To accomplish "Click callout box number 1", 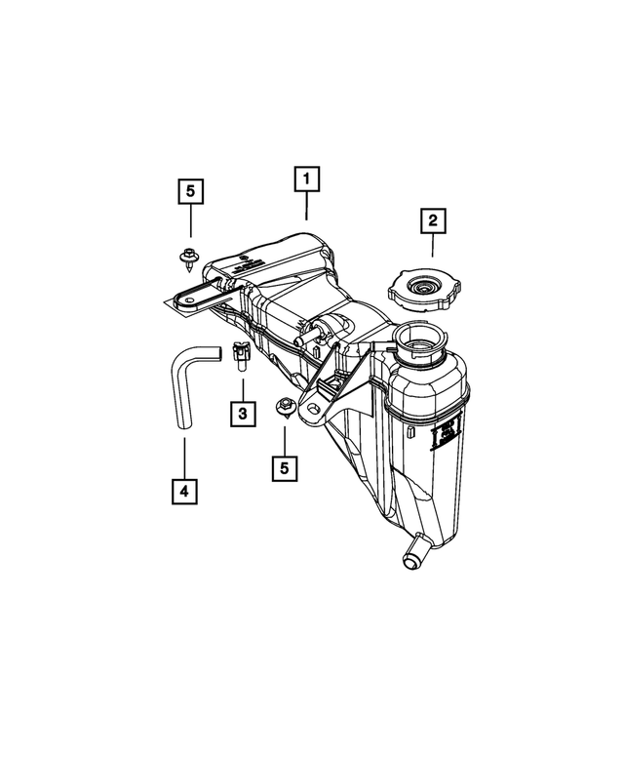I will [306, 180].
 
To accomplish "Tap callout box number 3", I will [243, 415].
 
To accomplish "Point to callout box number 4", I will [182, 490].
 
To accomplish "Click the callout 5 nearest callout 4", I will [285, 468].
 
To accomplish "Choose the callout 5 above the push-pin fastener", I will [190, 191].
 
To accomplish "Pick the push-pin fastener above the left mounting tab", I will [186, 259].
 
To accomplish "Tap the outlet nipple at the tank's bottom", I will [410, 555].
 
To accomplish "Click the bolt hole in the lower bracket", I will [313, 414].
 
